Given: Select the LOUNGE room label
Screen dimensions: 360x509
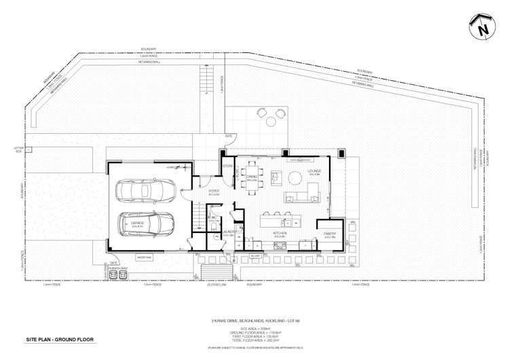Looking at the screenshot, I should pyautogui.click(x=314, y=171).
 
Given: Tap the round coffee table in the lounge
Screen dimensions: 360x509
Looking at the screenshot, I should pyautogui.click(x=296, y=178).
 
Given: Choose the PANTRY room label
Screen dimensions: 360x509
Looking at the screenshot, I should pyautogui.click(x=330, y=236).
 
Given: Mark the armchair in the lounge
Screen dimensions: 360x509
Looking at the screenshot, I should pyautogui.click(x=278, y=177).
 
